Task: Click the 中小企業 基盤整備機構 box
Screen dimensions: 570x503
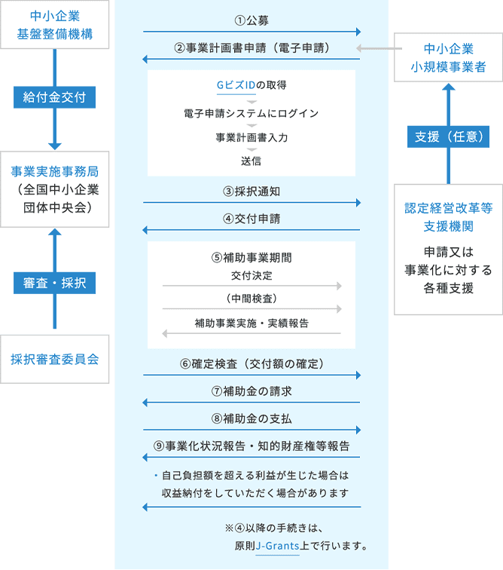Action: [54, 25]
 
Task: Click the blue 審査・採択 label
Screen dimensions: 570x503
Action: [54, 283]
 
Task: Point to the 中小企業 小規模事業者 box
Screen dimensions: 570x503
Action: [448, 58]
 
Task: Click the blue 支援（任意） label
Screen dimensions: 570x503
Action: [448, 136]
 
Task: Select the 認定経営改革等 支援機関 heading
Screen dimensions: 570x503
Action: [448, 216]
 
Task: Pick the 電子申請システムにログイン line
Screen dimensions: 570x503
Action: [251, 113]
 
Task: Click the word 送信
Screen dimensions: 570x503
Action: [251, 161]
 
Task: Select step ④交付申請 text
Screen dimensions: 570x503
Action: [251, 219]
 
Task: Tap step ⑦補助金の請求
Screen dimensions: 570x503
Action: [251, 391]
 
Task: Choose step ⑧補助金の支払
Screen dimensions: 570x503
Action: [251, 418]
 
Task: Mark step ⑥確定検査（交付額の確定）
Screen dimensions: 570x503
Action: [251, 363]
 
